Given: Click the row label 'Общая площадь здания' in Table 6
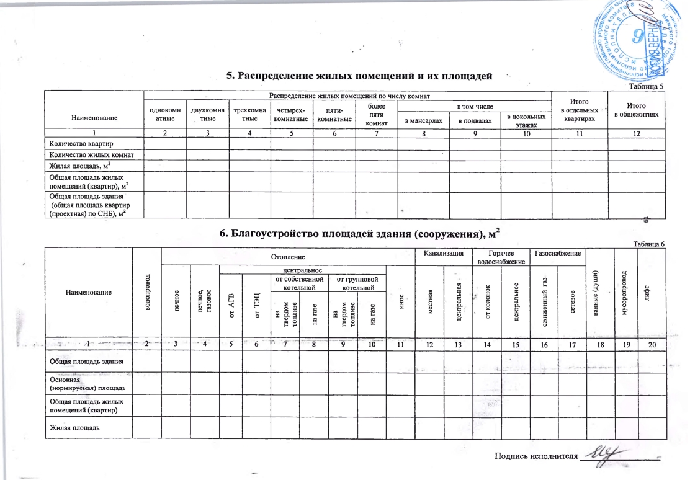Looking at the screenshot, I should pos(83,361).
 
